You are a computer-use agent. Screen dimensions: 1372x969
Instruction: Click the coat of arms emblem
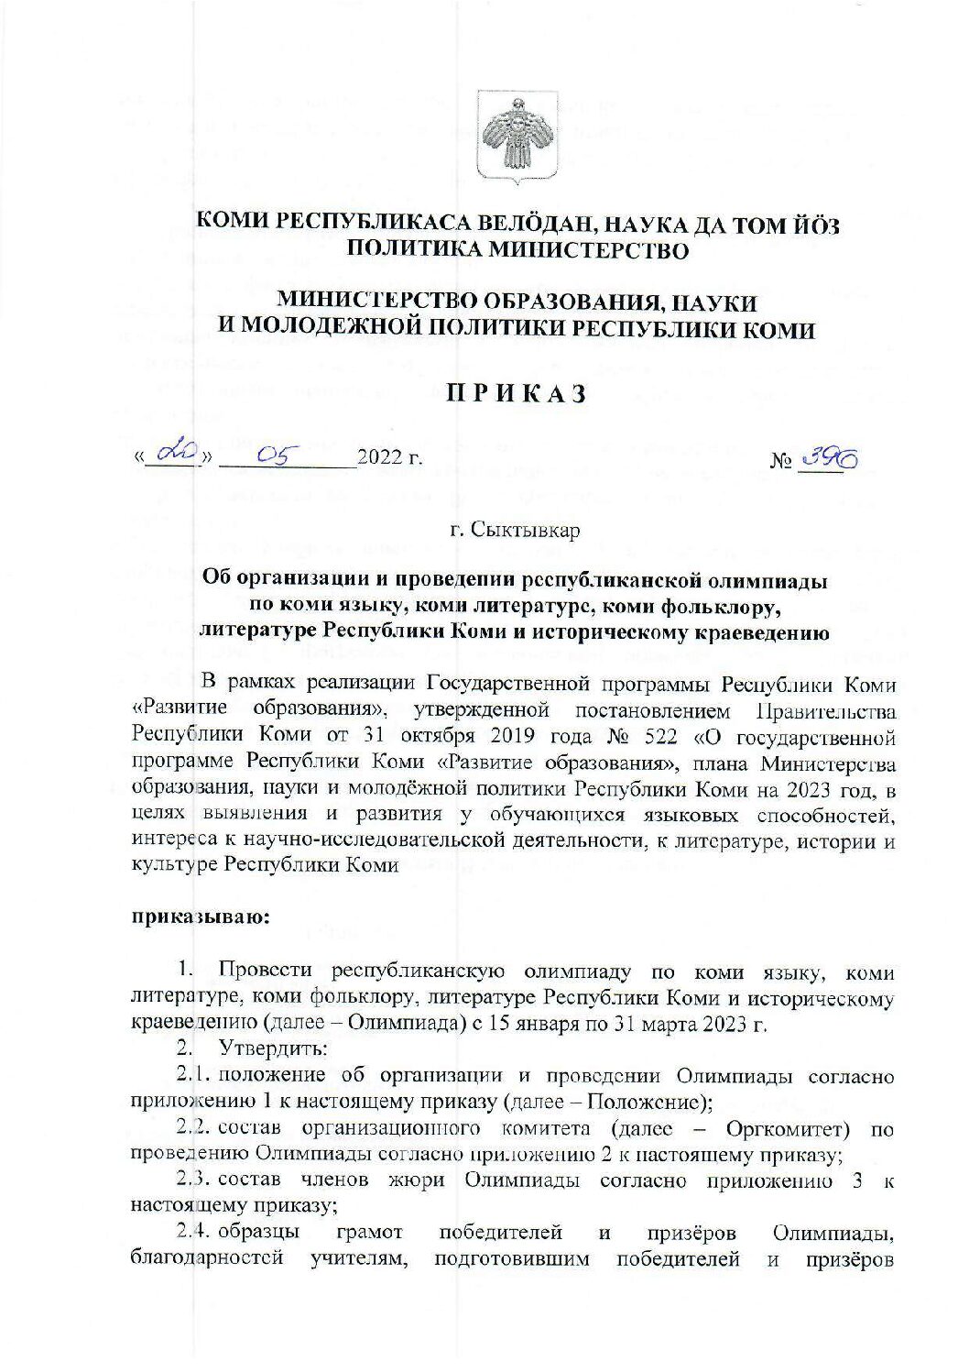[x=510, y=137]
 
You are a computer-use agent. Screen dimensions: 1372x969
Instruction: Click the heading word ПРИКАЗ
[x=515, y=393]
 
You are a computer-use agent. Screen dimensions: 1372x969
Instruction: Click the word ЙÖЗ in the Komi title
[x=811, y=223]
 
